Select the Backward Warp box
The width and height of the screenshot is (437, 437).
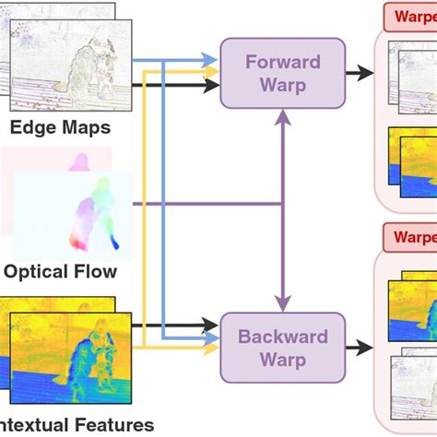282,347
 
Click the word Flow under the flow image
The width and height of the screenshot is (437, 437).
97,271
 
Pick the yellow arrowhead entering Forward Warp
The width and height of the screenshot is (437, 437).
213,70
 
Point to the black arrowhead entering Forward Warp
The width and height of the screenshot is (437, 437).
213,86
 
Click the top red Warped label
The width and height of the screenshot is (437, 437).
409,17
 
